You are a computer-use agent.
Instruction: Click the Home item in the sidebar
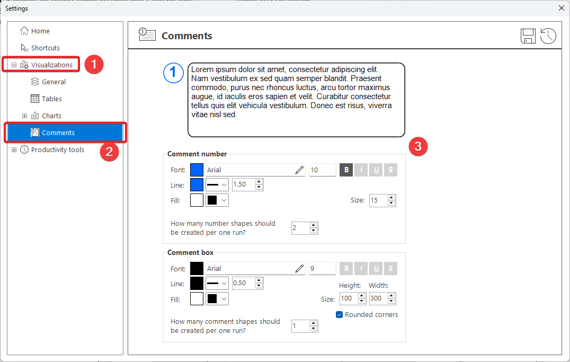pos(35,31)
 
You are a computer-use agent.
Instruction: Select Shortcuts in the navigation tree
pos(40,48)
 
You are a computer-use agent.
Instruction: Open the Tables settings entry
pos(46,99)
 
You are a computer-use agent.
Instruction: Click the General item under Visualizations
pos(48,82)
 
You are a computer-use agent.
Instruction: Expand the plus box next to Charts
pos(24,116)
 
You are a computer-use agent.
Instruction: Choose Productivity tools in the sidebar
pos(52,149)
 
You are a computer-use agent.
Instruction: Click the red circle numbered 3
pos(418,146)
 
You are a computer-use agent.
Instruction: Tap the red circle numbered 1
pos(94,64)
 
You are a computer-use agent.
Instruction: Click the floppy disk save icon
pos(528,36)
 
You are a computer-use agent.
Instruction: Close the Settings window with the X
pos(562,8)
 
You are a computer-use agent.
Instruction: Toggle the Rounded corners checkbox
pos(339,315)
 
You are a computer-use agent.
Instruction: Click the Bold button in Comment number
pos(346,170)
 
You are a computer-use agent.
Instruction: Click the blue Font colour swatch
pos(197,170)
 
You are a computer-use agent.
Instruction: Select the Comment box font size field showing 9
pos(323,269)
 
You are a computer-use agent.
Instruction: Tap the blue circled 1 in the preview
pos(173,73)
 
